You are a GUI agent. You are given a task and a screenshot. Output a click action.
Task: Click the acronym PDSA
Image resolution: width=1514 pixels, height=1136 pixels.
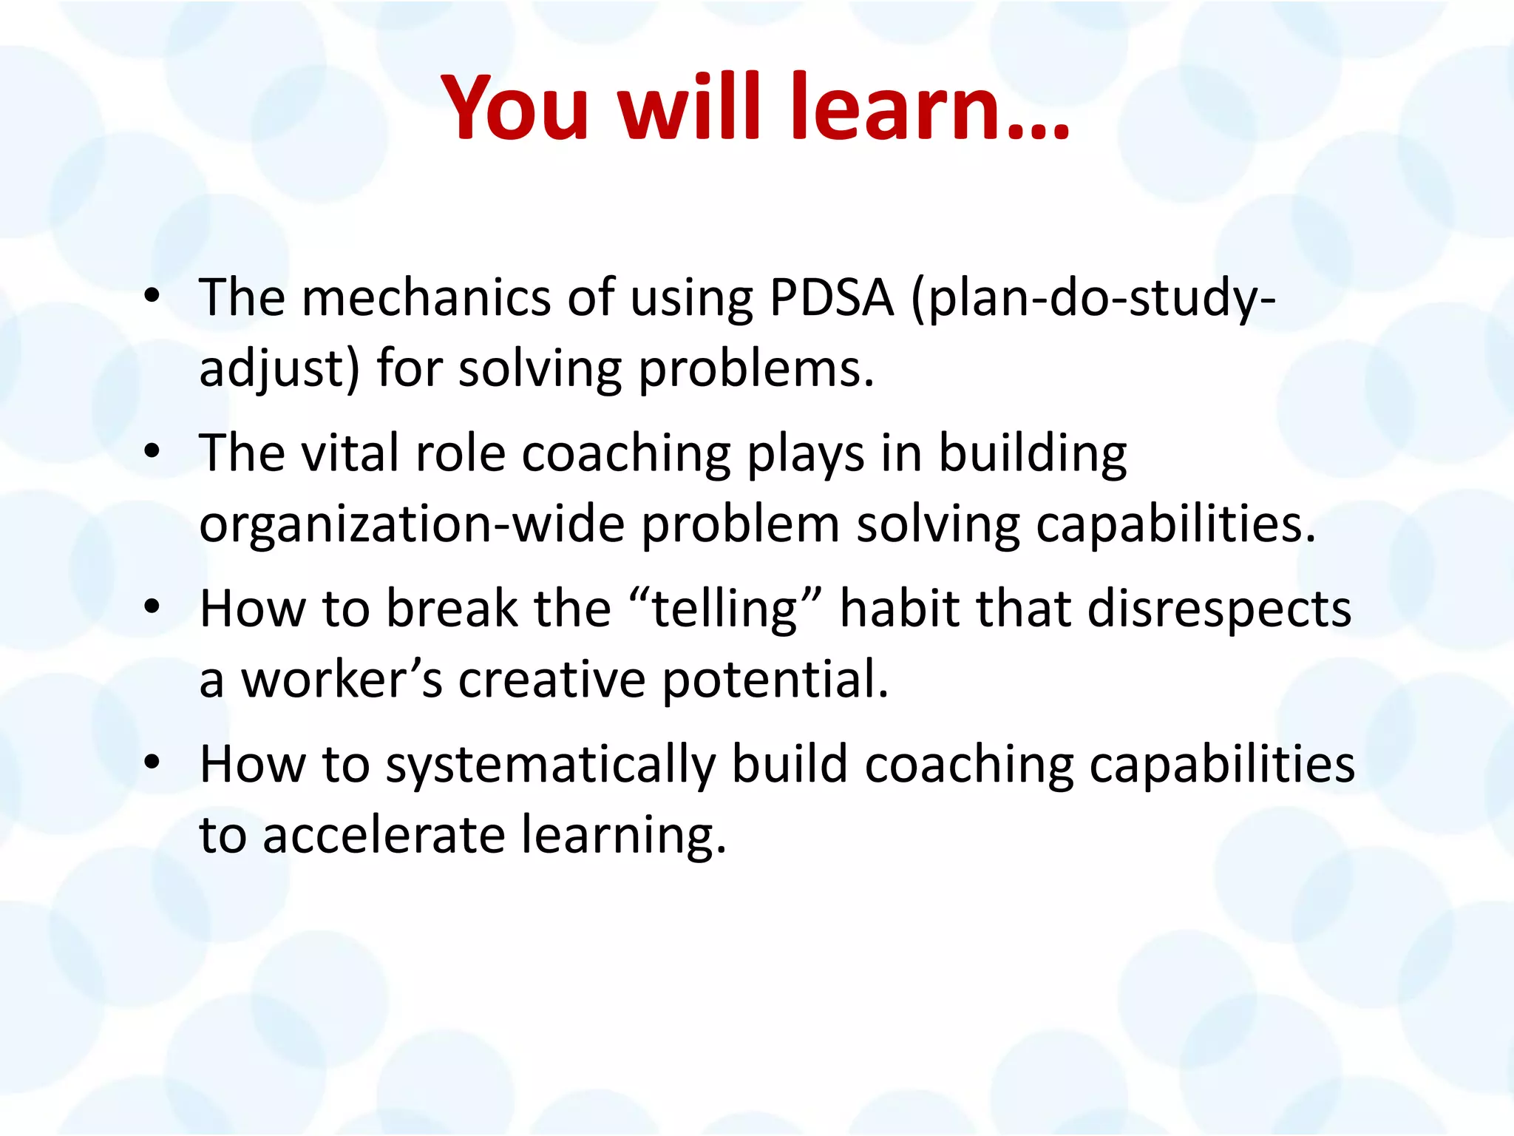point(832,297)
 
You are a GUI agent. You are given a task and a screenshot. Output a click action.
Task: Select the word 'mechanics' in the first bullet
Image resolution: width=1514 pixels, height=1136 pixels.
point(427,297)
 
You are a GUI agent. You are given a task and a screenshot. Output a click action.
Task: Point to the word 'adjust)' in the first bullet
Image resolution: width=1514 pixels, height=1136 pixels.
point(280,369)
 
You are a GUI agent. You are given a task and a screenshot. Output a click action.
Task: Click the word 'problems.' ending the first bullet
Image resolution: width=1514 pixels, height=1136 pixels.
point(756,368)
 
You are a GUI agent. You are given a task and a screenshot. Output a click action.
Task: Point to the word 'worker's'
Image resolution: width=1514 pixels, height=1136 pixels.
point(342,678)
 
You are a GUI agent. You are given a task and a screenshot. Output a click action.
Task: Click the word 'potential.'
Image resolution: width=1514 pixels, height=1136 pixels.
point(774,678)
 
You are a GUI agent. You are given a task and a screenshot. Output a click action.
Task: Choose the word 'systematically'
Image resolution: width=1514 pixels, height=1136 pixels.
point(551,764)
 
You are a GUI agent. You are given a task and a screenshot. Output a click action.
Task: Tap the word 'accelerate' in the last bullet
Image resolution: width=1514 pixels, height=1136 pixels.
point(384,835)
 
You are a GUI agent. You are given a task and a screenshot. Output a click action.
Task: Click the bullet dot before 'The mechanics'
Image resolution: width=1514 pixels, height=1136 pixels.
point(152,297)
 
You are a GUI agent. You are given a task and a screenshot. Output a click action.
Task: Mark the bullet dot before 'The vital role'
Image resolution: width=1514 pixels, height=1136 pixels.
point(152,452)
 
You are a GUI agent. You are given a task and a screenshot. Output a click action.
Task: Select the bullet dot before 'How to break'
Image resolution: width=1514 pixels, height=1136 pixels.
point(152,608)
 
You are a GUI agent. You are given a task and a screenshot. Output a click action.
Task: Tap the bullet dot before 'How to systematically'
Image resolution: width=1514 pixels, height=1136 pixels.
point(152,763)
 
